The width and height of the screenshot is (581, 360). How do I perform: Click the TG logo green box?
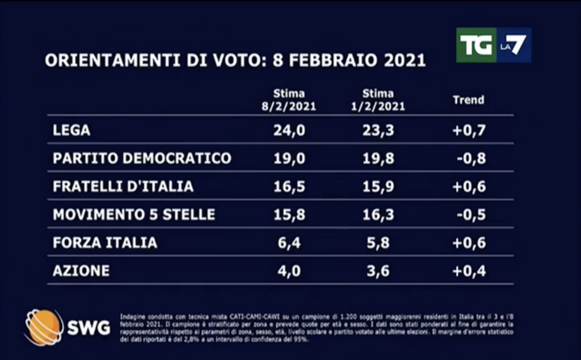click(x=476, y=45)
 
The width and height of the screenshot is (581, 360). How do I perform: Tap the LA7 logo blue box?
click(x=514, y=45)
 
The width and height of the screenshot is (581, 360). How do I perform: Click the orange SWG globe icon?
click(x=44, y=328)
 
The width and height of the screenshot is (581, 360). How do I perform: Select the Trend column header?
click(x=468, y=100)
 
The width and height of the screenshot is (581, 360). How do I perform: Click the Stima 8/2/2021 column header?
click(x=289, y=100)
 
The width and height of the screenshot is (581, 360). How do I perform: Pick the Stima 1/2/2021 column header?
click(x=378, y=100)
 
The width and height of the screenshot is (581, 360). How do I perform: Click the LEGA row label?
click(x=71, y=130)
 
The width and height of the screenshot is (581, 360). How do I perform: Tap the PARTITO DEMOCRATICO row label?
click(x=142, y=158)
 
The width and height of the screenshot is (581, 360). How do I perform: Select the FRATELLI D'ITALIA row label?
click(x=123, y=186)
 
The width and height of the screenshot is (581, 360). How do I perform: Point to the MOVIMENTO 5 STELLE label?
click(x=134, y=214)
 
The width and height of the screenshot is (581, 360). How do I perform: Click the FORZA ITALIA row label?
click(x=105, y=243)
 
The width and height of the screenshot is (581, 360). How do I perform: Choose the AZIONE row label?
click(x=81, y=271)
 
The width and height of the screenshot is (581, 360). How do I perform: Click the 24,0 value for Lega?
click(x=289, y=130)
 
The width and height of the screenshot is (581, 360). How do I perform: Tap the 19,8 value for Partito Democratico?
click(x=378, y=158)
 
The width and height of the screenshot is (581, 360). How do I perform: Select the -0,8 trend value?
click(x=471, y=158)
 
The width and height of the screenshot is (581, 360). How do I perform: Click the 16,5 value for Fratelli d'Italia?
click(x=289, y=186)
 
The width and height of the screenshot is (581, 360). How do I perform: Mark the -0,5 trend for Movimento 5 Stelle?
click(x=471, y=214)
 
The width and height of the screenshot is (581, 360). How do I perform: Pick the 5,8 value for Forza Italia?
click(x=378, y=243)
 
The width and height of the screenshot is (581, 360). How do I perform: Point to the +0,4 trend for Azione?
click(x=469, y=271)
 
